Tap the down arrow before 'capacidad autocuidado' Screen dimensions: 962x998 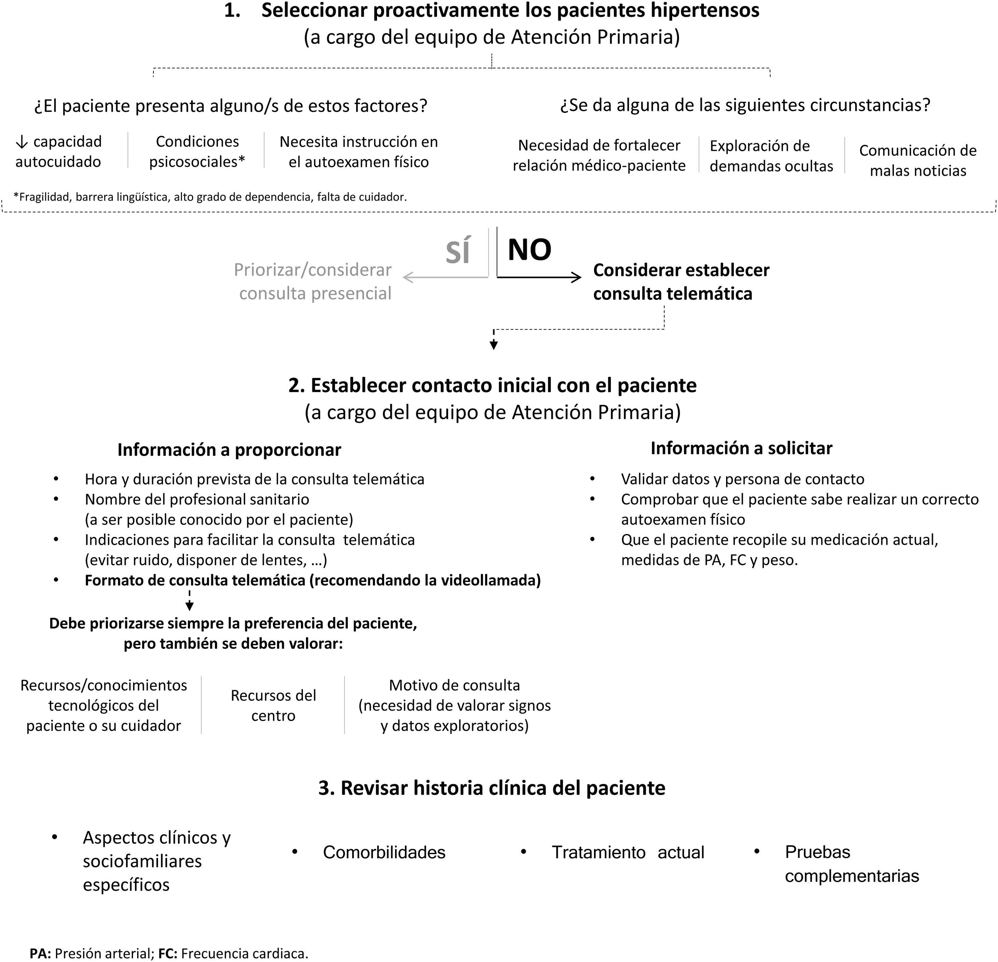click(x=21, y=142)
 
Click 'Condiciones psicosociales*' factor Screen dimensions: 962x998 click(x=197, y=152)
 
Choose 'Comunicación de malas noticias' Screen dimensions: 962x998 click(x=917, y=160)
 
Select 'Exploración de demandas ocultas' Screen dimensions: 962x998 click(x=771, y=156)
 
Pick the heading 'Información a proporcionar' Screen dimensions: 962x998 click(x=229, y=449)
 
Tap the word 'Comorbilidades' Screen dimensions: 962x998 click(x=384, y=852)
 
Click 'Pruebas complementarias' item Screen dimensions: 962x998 click(x=851, y=863)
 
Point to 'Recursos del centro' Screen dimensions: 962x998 click(x=273, y=705)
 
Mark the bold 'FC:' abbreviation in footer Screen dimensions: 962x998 click(x=168, y=953)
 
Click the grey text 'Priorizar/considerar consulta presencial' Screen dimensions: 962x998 click(x=314, y=281)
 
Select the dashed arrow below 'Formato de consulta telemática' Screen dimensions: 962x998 click(x=189, y=601)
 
